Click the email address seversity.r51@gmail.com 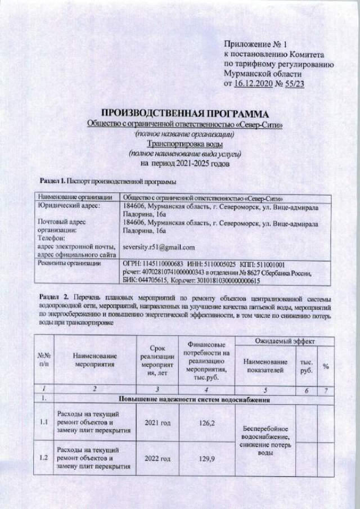click(158, 247)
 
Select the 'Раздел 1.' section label click(53, 181)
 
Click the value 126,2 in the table click(204, 421)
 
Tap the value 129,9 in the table click(204, 460)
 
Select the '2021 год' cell click(157, 421)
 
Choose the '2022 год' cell click(157, 460)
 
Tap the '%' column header click(326, 366)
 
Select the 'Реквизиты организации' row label click(69, 262)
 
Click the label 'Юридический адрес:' click(68, 206)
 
